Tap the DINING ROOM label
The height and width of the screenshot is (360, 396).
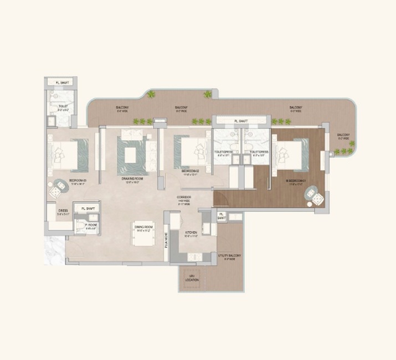point(143,228)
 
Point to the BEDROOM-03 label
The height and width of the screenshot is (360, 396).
point(78,181)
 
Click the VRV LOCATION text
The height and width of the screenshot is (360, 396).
point(192,279)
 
